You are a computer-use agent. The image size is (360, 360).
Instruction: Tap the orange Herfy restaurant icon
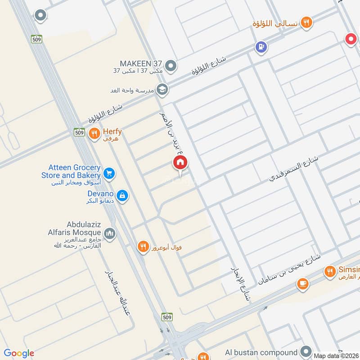pyautogui.click(x=94, y=133)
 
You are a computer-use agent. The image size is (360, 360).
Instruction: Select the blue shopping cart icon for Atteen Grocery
pyautogui.click(x=108, y=173)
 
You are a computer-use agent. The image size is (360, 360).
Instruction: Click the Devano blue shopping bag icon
pyautogui.click(x=121, y=195)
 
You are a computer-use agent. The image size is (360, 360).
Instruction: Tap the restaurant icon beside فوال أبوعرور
pyautogui.click(x=143, y=246)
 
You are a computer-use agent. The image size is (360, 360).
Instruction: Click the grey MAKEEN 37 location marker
pyautogui.click(x=171, y=67)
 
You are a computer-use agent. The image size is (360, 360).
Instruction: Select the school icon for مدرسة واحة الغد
pyautogui.click(x=162, y=89)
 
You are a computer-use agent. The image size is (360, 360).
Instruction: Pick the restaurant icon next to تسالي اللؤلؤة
pyautogui.click(x=306, y=22)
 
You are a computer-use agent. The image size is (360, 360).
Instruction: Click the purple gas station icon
pyautogui.click(x=260, y=46)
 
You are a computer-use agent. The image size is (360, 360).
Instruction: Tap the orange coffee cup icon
pyautogui.click(x=302, y=284)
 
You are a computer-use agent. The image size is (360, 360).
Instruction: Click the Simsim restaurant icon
pyautogui.click(x=330, y=271)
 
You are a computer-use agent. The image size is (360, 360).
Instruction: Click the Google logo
pyautogui.click(x=18, y=353)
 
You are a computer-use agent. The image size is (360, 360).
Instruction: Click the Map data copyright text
pyautogui.click(x=335, y=355)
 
